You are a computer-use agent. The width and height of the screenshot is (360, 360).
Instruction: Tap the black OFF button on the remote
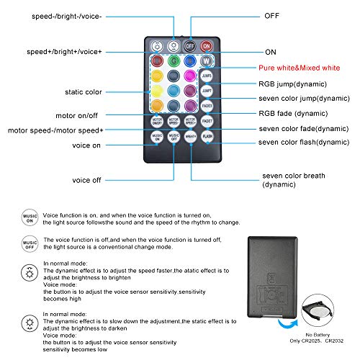point(190,45)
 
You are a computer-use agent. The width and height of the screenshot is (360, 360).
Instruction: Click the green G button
point(173,61)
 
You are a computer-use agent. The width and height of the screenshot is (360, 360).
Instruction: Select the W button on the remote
point(207,61)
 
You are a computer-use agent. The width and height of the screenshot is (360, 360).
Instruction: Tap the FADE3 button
point(207,105)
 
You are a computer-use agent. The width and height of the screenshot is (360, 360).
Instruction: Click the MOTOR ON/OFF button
point(156,120)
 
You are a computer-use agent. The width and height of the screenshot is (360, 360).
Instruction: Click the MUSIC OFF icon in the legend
point(28,246)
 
